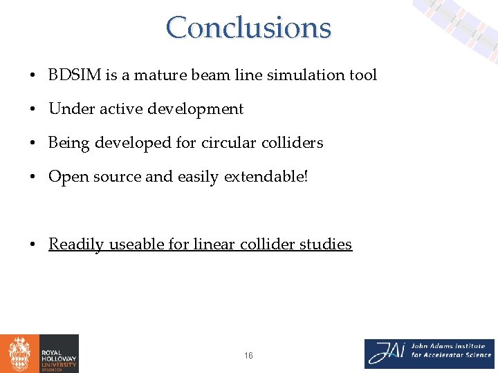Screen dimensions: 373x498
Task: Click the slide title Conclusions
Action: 248,28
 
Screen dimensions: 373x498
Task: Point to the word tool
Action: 362,75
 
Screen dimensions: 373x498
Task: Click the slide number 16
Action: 248,356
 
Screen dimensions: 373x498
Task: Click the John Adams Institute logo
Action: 430,354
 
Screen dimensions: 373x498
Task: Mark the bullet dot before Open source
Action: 33,178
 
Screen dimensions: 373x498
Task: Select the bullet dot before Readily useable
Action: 33,245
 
